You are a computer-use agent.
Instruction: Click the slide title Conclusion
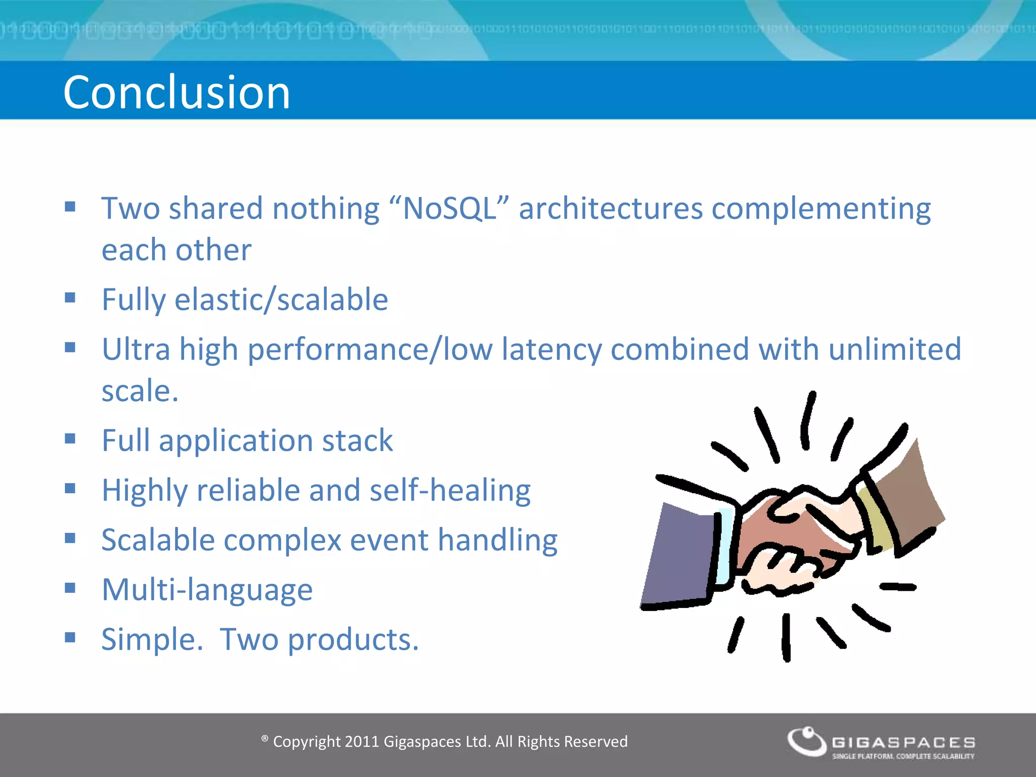[x=177, y=92]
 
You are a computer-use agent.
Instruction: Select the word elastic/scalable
[x=281, y=299]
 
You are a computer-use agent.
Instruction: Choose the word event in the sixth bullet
[x=389, y=540]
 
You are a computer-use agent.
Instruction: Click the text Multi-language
[x=207, y=590]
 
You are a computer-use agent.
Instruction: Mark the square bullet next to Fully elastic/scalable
[x=70, y=297]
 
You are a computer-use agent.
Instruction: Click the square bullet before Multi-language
[x=70, y=588]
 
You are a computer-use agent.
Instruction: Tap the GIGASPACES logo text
[x=903, y=743]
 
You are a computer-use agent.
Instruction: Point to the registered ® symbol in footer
[x=265, y=739]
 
